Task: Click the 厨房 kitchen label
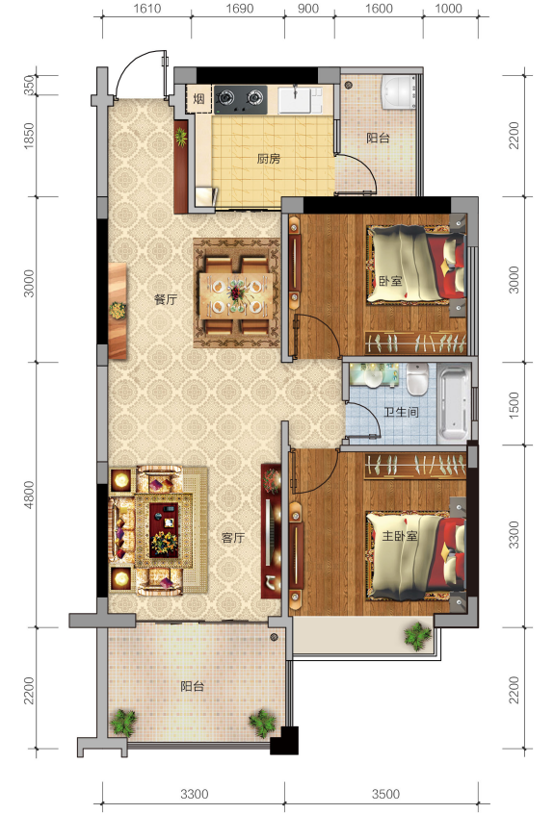coord(268,159)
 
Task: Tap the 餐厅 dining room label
coord(166,299)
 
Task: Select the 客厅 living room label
coord(233,537)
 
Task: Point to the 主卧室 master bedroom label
coord(400,535)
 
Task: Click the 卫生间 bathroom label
coord(401,412)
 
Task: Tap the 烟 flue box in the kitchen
coord(199,99)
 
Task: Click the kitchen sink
coord(295,100)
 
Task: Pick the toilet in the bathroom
coord(417,379)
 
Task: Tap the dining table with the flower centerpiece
coord(237,293)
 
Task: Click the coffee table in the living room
coord(164,530)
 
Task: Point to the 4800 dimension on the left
coord(29,495)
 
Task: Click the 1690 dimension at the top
coord(240,9)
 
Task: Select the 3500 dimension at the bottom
coord(385,794)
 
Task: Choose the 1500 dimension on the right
coord(514,405)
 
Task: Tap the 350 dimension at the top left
coord(29,86)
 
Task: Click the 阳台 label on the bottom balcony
coord(193,686)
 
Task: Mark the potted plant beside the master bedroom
coord(417,635)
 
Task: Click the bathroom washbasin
coord(373,378)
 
